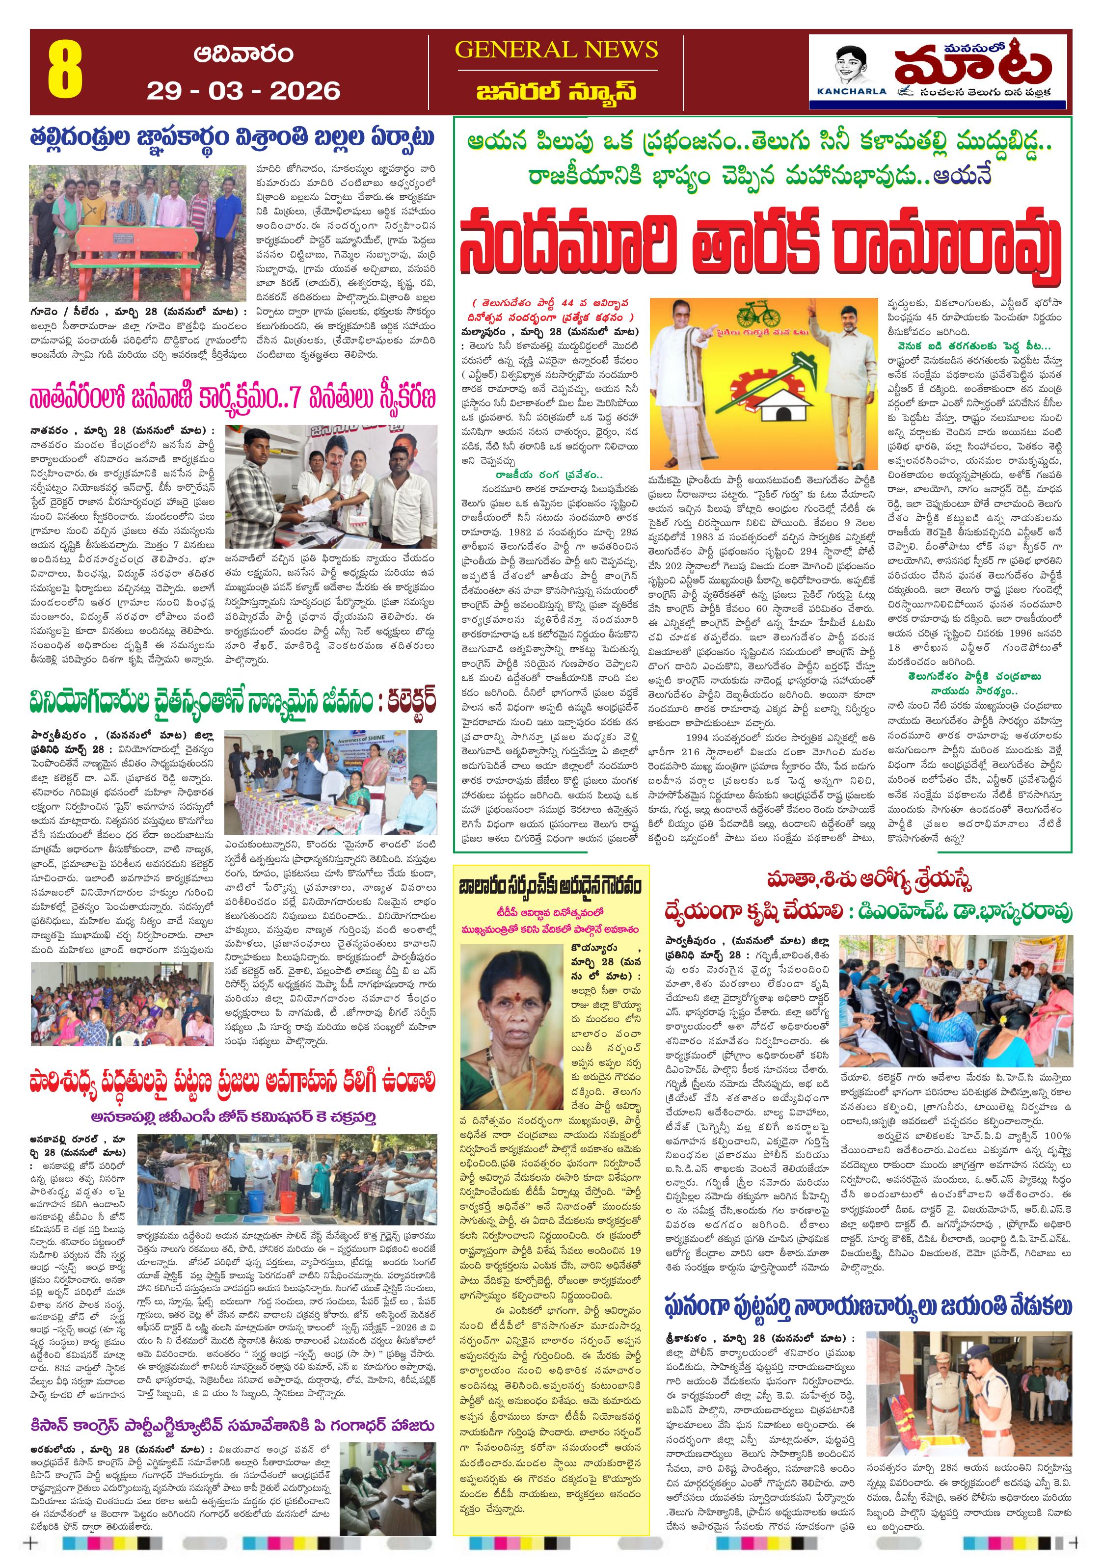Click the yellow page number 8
point(65,71)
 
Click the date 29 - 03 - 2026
point(243,91)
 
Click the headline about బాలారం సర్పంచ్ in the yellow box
point(550,887)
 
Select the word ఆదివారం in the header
point(243,54)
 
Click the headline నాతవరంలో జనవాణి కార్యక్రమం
point(232,399)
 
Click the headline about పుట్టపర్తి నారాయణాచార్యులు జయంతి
point(867,1307)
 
